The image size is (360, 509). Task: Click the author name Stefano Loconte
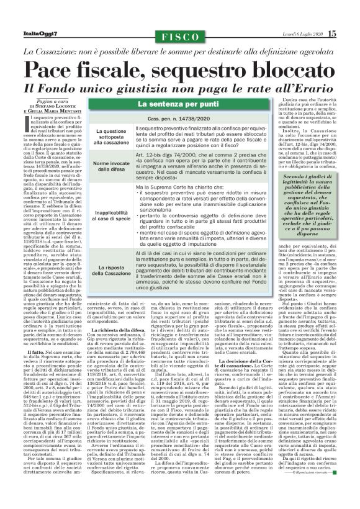tap(60, 107)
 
